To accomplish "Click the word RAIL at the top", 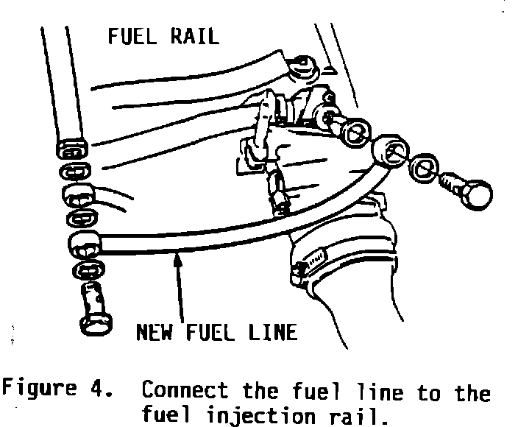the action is pyautogui.click(x=194, y=36).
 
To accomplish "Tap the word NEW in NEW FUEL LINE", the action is pyautogui.click(x=155, y=332).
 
